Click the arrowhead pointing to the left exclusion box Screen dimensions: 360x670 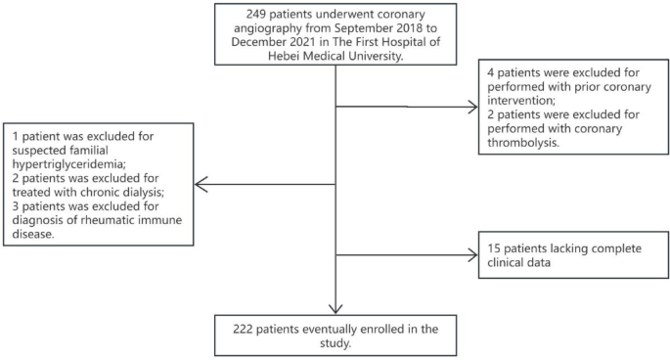click(199, 183)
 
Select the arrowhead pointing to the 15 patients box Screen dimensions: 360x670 click(472, 255)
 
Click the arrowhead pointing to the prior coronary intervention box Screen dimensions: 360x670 click(472, 106)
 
